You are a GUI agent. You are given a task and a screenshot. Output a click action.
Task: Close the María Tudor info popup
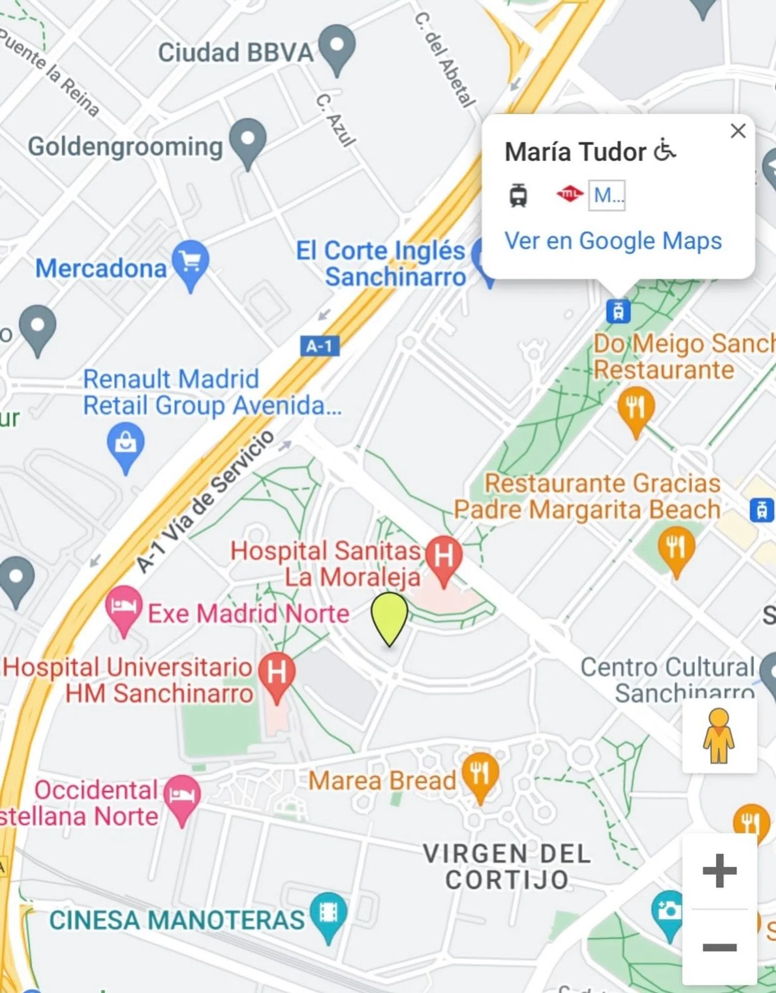tap(738, 131)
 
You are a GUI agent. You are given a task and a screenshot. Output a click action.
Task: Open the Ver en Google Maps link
tap(613, 241)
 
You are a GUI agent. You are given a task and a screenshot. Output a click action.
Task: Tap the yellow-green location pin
tap(390, 616)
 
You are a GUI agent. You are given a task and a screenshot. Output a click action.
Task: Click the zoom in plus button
tap(719, 871)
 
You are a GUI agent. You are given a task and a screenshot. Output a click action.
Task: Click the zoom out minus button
tap(719, 947)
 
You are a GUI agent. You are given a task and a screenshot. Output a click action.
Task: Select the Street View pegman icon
tap(719, 736)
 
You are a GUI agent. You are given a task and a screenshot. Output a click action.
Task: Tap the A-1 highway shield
tap(320, 346)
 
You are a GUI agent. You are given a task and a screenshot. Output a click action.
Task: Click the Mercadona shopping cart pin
tap(191, 262)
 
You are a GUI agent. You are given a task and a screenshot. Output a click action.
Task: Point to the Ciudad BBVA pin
tap(337, 47)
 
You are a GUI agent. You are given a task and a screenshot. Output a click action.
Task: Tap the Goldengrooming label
tap(125, 146)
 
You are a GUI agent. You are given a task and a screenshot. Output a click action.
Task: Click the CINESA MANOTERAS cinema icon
tap(329, 913)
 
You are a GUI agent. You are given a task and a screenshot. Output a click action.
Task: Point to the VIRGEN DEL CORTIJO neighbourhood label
tap(507, 867)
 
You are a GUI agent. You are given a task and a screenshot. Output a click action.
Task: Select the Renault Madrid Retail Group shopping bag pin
tap(126, 443)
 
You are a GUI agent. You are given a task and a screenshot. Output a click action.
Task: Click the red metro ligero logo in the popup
tap(570, 194)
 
